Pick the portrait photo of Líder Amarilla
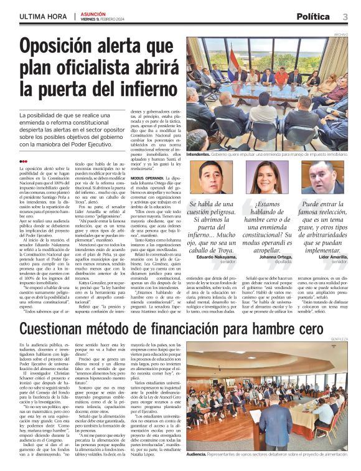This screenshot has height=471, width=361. point(324,177)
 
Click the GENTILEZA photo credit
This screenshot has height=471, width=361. point(340,340)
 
